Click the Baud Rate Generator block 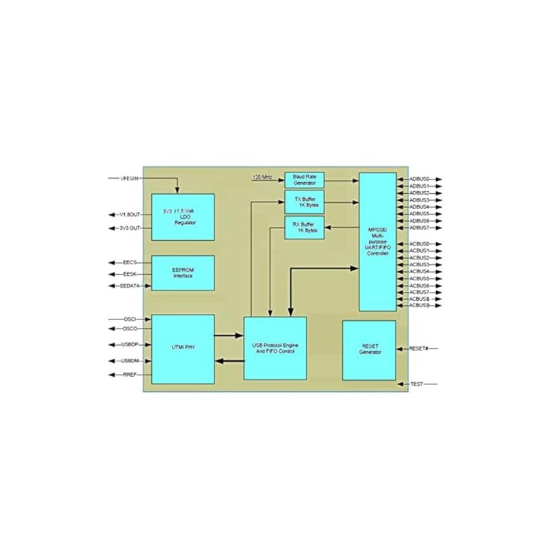(x=304, y=180)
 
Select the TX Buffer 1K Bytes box (x=304, y=203)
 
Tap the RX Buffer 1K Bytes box (x=304, y=227)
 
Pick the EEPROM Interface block (x=183, y=273)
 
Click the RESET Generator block (x=369, y=350)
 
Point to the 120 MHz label (x=263, y=178)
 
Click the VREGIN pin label (x=130, y=179)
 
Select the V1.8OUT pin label (x=130, y=214)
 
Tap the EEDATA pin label (x=130, y=286)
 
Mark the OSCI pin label (x=130, y=319)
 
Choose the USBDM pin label (x=130, y=360)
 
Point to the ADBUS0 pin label (x=419, y=179)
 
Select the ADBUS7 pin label (x=419, y=228)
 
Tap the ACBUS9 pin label (x=419, y=305)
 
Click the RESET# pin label (x=420, y=349)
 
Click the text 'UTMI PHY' (x=183, y=348)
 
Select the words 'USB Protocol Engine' (x=275, y=344)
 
